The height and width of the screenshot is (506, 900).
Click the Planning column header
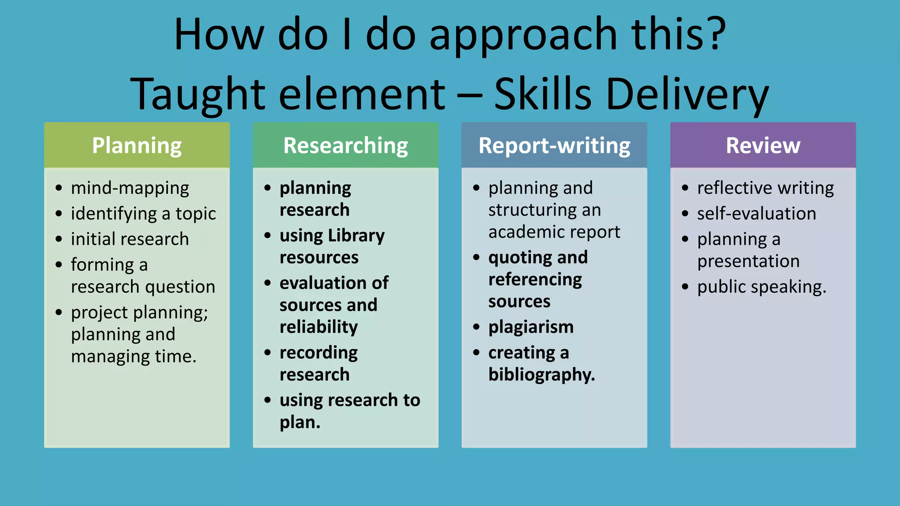click(137, 145)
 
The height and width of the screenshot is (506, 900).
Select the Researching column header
click(345, 145)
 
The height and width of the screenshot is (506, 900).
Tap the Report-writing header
click(554, 145)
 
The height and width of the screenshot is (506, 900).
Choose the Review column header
click(763, 145)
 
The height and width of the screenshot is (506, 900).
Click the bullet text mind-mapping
click(130, 188)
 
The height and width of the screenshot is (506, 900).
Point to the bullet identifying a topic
click(143, 213)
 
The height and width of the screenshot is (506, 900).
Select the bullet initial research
click(130, 239)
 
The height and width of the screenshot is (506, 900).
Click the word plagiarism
click(531, 327)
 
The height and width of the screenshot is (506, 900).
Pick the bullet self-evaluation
click(756, 213)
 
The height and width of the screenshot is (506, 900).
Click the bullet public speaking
click(761, 287)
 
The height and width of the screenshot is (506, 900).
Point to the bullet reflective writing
click(765, 188)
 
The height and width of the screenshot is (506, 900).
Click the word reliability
click(319, 327)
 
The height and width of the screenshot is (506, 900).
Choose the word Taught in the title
click(198, 94)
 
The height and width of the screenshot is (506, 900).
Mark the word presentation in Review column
click(748, 261)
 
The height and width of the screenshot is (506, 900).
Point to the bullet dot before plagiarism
click(476, 327)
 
